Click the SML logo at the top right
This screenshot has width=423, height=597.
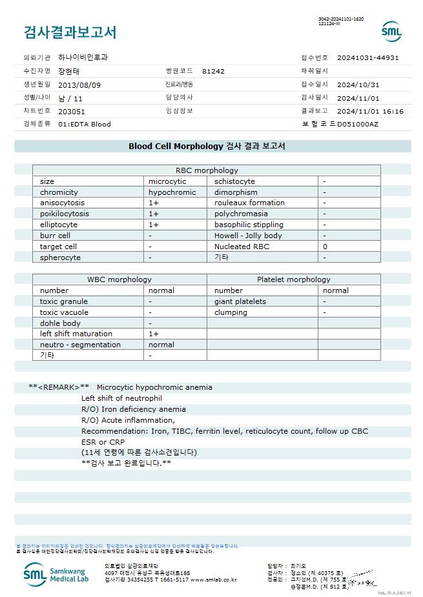coord(391,31)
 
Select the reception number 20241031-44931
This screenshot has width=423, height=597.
coord(367,57)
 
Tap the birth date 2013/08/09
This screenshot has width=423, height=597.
coord(79,85)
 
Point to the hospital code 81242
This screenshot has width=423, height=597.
coord(213,71)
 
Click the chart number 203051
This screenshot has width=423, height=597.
coord(72,111)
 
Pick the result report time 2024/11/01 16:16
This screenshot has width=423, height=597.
coord(370,111)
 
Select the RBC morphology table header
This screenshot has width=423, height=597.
coord(207,170)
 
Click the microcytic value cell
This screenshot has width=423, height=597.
coord(167,181)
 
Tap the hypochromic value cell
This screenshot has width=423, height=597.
coord(172,192)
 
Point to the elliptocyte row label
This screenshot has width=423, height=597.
coord(58,225)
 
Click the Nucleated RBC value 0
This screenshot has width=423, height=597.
coord(325,247)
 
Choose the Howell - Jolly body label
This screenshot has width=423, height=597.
coord(248,236)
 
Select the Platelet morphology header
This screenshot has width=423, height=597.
coord(293,279)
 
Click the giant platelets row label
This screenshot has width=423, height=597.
coord(242,301)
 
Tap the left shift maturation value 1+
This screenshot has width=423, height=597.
coord(154,334)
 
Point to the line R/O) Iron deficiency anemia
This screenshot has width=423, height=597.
coord(134,409)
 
